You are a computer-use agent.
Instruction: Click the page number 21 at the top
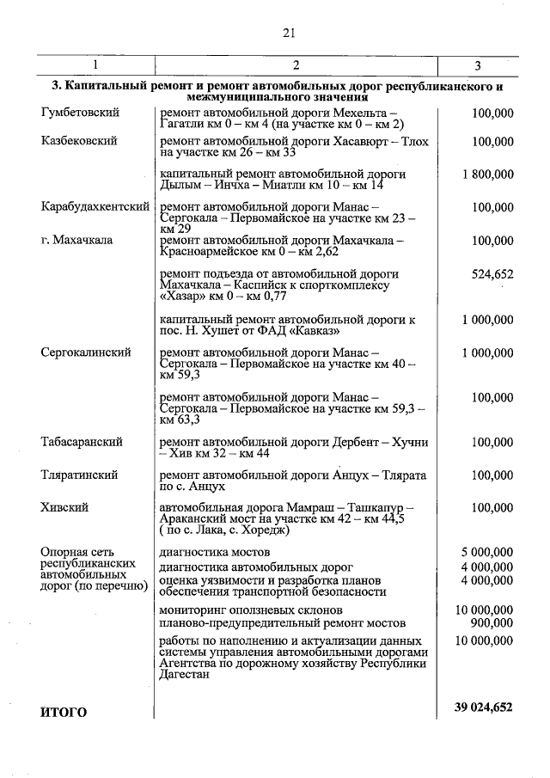(x=288, y=34)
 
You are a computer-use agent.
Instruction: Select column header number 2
(x=295, y=66)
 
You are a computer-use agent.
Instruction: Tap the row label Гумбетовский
(x=80, y=113)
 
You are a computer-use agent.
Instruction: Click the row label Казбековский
(x=79, y=141)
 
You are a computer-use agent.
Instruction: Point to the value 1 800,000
(x=487, y=175)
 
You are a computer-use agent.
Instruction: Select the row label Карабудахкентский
(x=95, y=207)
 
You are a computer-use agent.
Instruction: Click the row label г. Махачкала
(x=76, y=241)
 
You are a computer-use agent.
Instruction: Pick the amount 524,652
(x=492, y=274)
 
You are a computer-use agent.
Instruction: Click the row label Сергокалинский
(x=86, y=352)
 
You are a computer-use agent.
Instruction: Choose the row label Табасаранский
(x=82, y=442)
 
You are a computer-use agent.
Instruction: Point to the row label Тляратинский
(x=79, y=475)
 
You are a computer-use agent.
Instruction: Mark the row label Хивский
(x=64, y=508)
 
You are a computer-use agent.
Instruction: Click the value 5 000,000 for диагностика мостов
(x=487, y=552)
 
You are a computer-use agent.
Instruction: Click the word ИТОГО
(x=64, y=712)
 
